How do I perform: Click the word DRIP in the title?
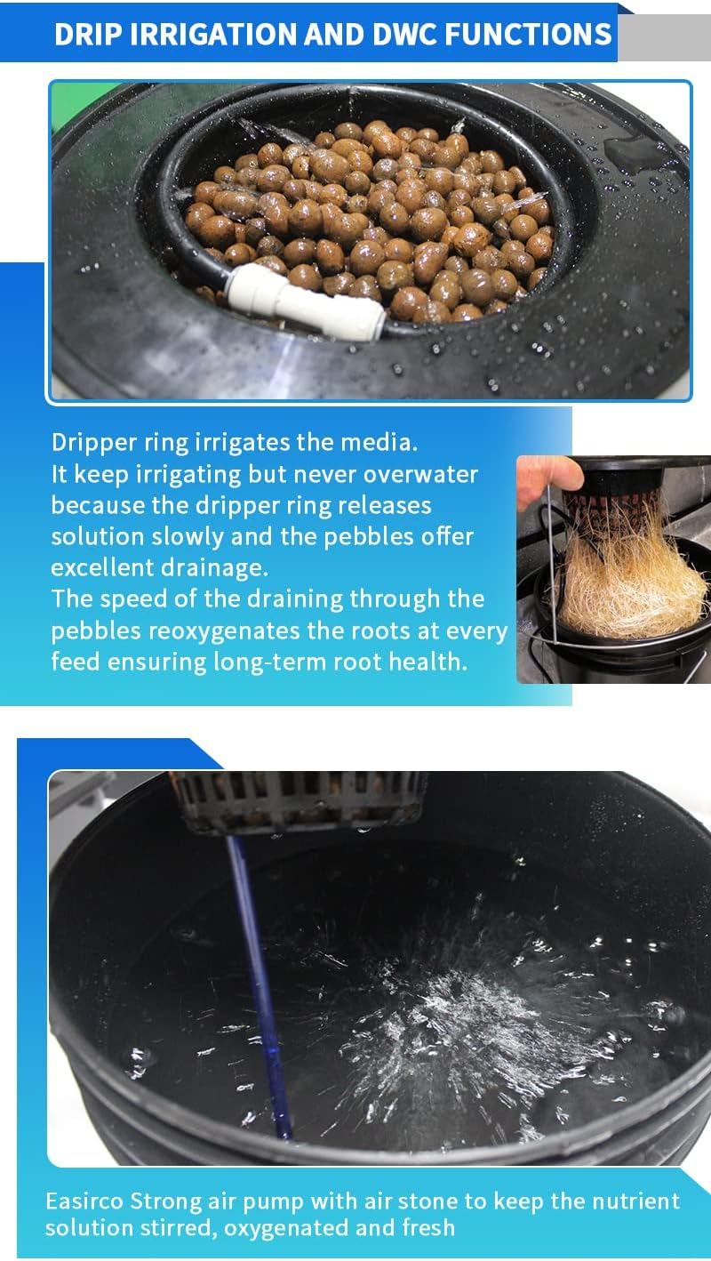pyautogui.click(x=86, y=34)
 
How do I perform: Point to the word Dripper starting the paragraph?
pyautogui.click(x=92, y=442)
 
